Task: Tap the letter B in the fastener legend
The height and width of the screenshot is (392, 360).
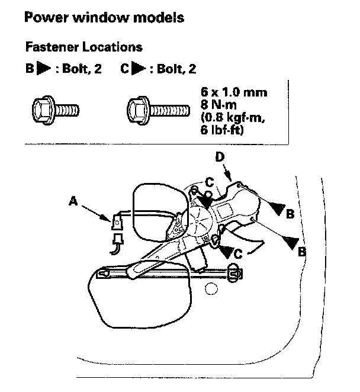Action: (29, 69)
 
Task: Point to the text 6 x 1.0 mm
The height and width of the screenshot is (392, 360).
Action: (234, 93)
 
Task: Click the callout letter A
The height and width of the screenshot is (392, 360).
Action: (74, 201)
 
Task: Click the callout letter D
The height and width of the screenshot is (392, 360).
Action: (220, 157)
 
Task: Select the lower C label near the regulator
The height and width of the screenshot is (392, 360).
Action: (236, 253)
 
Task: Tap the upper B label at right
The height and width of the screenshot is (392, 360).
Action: (290, 214)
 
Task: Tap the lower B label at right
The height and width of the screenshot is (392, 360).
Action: (301, 251)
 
